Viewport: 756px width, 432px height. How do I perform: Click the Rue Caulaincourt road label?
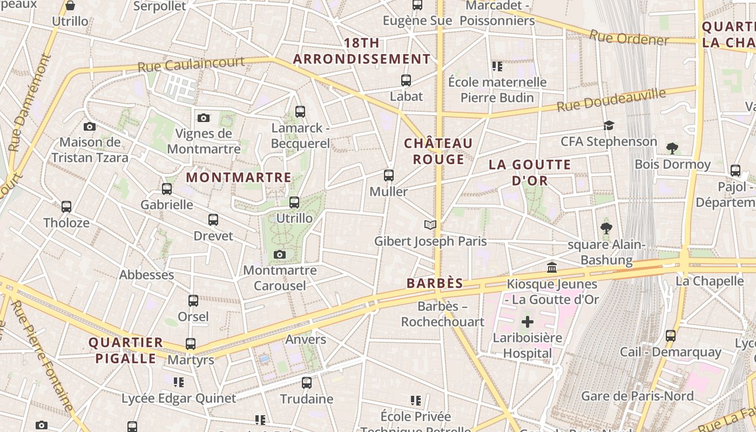pos(191,65)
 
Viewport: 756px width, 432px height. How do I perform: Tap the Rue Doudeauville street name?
pos(611,100)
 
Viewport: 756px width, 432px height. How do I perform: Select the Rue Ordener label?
pos(629,38)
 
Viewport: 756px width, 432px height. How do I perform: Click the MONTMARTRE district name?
pos(239,177)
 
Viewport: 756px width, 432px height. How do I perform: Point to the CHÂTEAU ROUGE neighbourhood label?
pos(438,151)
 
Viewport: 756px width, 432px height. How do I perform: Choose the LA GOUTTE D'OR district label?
pos(530,172)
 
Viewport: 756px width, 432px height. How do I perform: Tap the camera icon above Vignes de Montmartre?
pos(204,118)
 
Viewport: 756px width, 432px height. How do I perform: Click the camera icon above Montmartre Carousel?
pos(279,254)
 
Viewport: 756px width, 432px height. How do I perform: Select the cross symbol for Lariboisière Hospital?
pos(527,322)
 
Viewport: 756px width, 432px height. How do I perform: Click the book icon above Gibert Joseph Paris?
pos(430,225)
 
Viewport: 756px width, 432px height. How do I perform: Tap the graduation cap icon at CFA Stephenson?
pos(609,125)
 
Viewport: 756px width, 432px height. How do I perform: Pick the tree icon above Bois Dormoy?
pos(672,148)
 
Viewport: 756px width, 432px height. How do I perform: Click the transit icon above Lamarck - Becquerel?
pos(300,112)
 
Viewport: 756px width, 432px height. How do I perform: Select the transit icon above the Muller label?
pos(389,175)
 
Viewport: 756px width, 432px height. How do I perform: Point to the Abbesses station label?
pos(146,274)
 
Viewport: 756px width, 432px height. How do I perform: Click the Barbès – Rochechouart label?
pos(443,314)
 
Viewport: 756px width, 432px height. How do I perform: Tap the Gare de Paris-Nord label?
pos(637,396)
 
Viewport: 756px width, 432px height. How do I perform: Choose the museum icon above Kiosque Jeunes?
pos(552,267)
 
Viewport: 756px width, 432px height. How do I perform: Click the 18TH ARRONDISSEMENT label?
pos(362,51)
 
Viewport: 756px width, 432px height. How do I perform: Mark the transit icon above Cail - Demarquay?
pos(671,335)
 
